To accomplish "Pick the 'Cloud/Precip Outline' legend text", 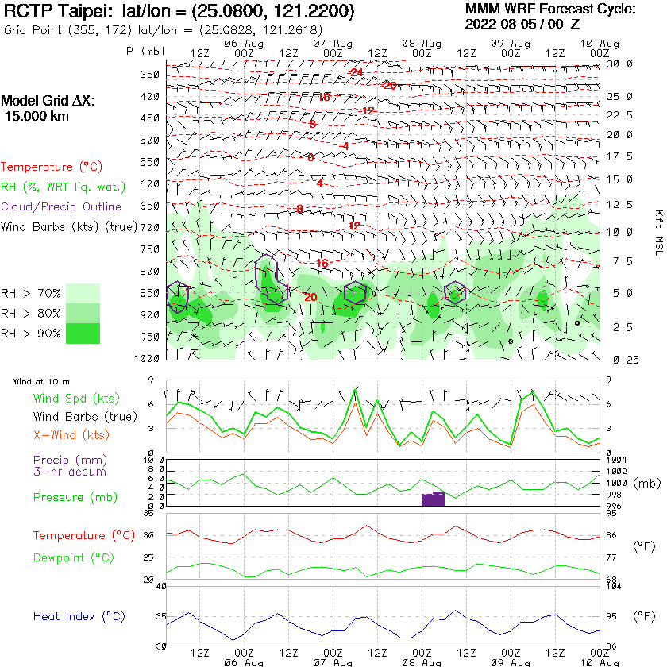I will pyautogui.click(x=61, y=206).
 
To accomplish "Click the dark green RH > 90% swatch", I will pyautogui.click(x=83, y=333).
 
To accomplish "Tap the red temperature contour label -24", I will pyautogui.click(x=355, y=72).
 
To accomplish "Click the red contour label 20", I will pyautogui.click(x=310, y=297).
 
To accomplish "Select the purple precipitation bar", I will pyautogui.click(x=433, y=499).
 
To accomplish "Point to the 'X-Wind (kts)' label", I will pyautogui.click(x=71, y=435).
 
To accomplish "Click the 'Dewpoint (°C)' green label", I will pyautogui.click(x=74, y=557).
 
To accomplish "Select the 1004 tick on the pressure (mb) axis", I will pyautogui.click(x=616, y=459).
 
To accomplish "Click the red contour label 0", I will pyautogui.click(x=310, y=157).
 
